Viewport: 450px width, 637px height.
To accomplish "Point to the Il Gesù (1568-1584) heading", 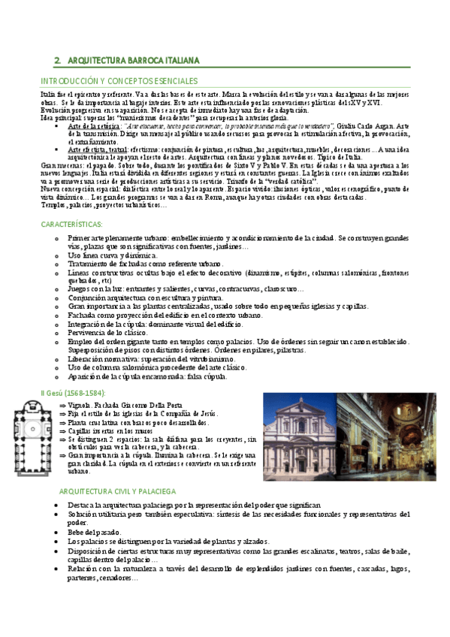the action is click(72, 393).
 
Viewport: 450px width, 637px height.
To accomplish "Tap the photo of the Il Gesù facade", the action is click(296, 428).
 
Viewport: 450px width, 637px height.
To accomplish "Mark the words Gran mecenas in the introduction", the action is click(58, 165).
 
